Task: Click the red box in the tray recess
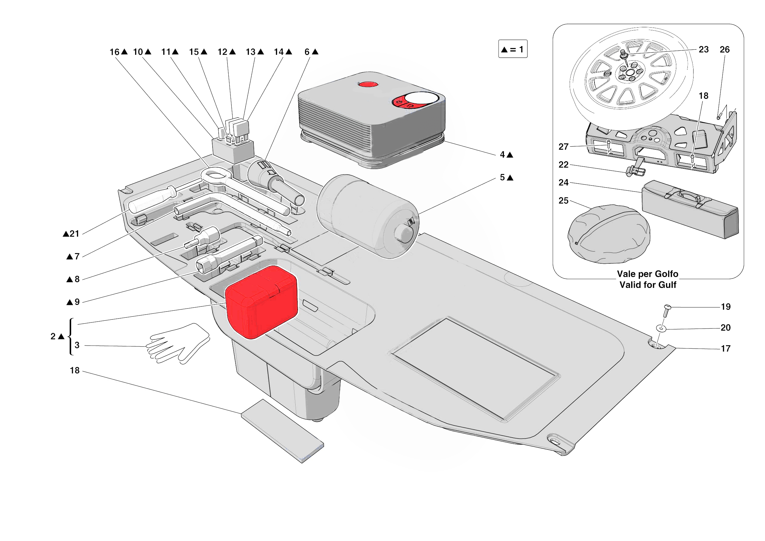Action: click(262, 302)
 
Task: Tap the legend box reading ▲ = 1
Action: click(512, 49)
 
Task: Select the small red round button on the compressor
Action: click(368, 84)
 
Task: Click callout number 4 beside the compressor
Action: click(502, 155)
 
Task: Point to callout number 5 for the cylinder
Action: click(502, 177)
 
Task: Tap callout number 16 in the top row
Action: click(114, 52)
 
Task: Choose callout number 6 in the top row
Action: click(307, 52)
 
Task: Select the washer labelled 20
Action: click(661, 328)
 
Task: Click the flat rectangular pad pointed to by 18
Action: click(282, 431)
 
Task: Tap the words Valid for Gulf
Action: click(647, 285)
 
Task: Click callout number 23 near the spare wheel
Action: click(703, 49)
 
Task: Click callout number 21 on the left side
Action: click(74, 234)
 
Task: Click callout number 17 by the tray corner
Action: click(725, 349)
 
